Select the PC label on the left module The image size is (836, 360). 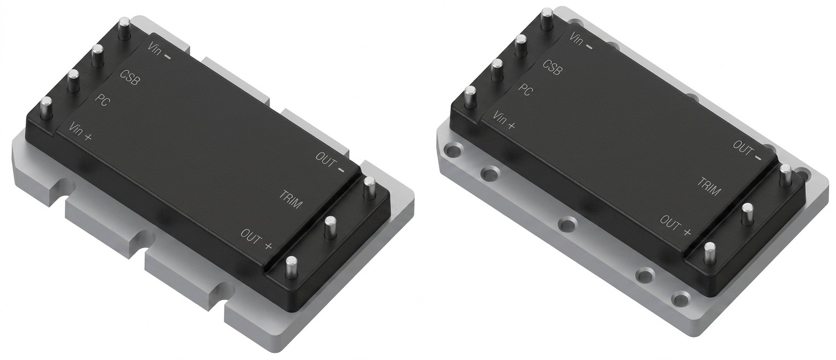pos(102,100)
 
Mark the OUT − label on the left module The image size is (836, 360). pos(331,162)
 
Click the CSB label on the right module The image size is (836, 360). pos(551,67)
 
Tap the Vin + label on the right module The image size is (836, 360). pos(504,121)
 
